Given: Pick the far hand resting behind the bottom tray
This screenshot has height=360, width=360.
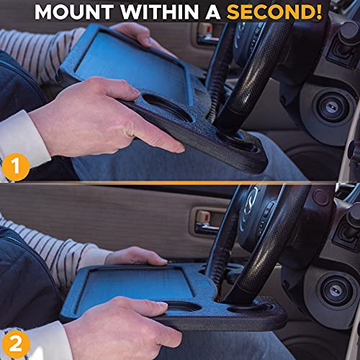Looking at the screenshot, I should click(137, 256).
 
